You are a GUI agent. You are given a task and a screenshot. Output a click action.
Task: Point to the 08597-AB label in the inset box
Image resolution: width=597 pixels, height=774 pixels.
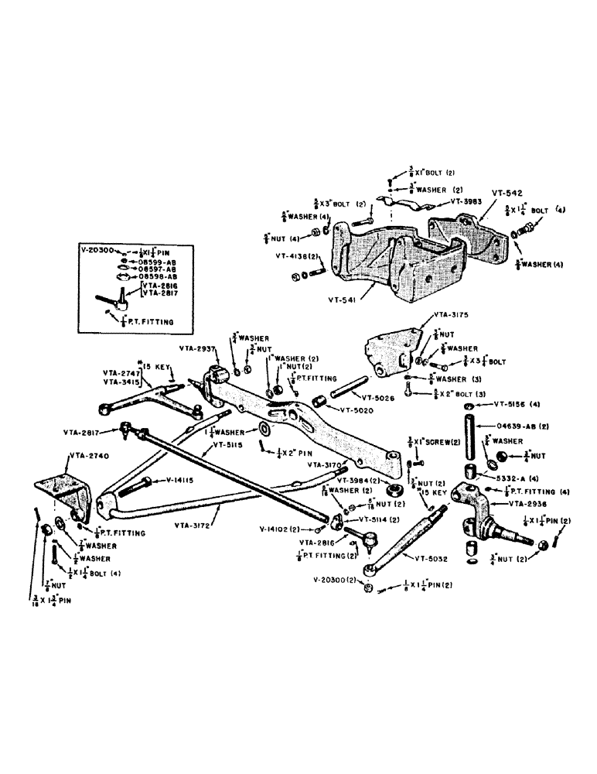pos(159,270)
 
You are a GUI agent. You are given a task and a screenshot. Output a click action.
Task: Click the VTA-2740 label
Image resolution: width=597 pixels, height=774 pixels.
pos(89,457)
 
